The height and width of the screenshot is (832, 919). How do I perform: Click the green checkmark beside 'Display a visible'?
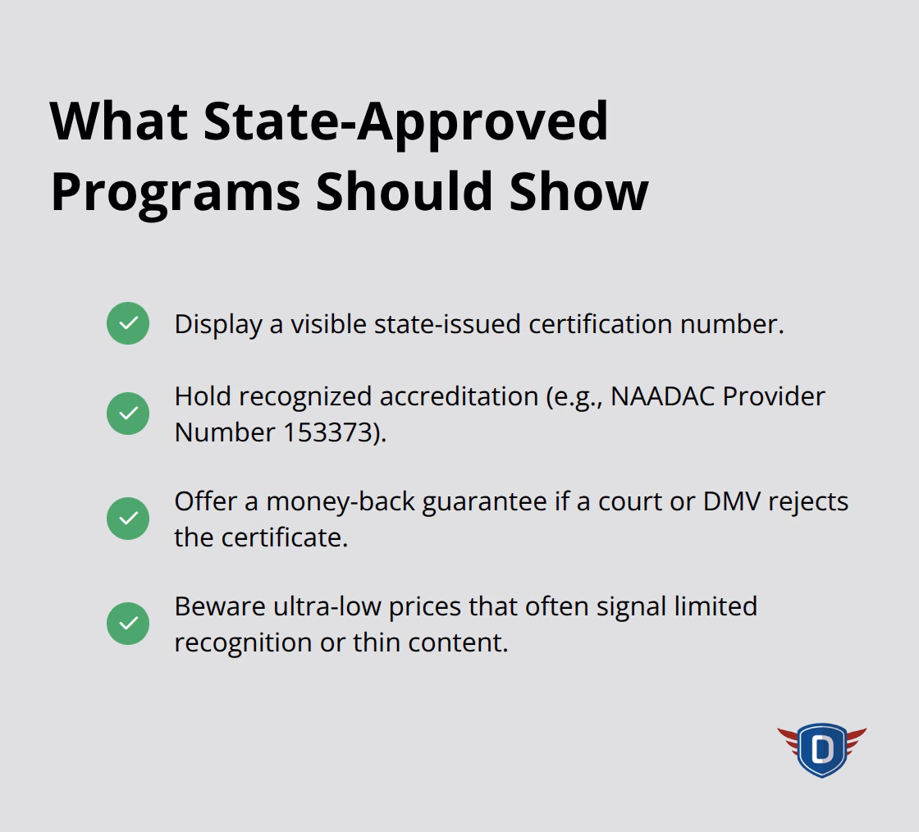tap(128, 323)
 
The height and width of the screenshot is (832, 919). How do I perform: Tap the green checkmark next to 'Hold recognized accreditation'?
tap(128, 414)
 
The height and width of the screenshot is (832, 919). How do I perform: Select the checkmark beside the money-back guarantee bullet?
tap(128, 519)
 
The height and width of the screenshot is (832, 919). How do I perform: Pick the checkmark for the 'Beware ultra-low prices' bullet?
tap(128, 624)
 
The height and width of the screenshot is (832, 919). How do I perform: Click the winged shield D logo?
tap(821, 749)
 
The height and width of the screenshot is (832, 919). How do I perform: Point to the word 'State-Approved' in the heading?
tap(406, 121)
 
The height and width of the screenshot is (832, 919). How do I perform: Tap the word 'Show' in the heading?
tap(579, 191)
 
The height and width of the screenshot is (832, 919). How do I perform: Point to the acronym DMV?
tap(732, 501)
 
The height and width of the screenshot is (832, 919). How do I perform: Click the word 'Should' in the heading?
tap(405, 191)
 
